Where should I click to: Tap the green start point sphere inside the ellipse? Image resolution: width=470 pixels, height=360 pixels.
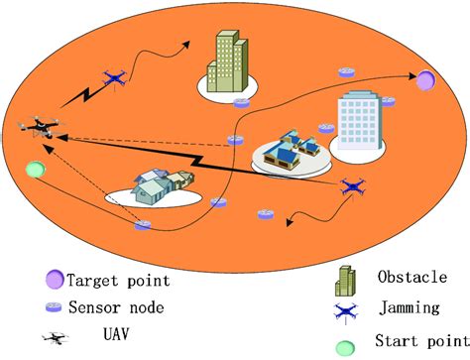point(36,169)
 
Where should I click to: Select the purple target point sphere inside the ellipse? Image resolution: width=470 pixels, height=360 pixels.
point(426,80)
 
